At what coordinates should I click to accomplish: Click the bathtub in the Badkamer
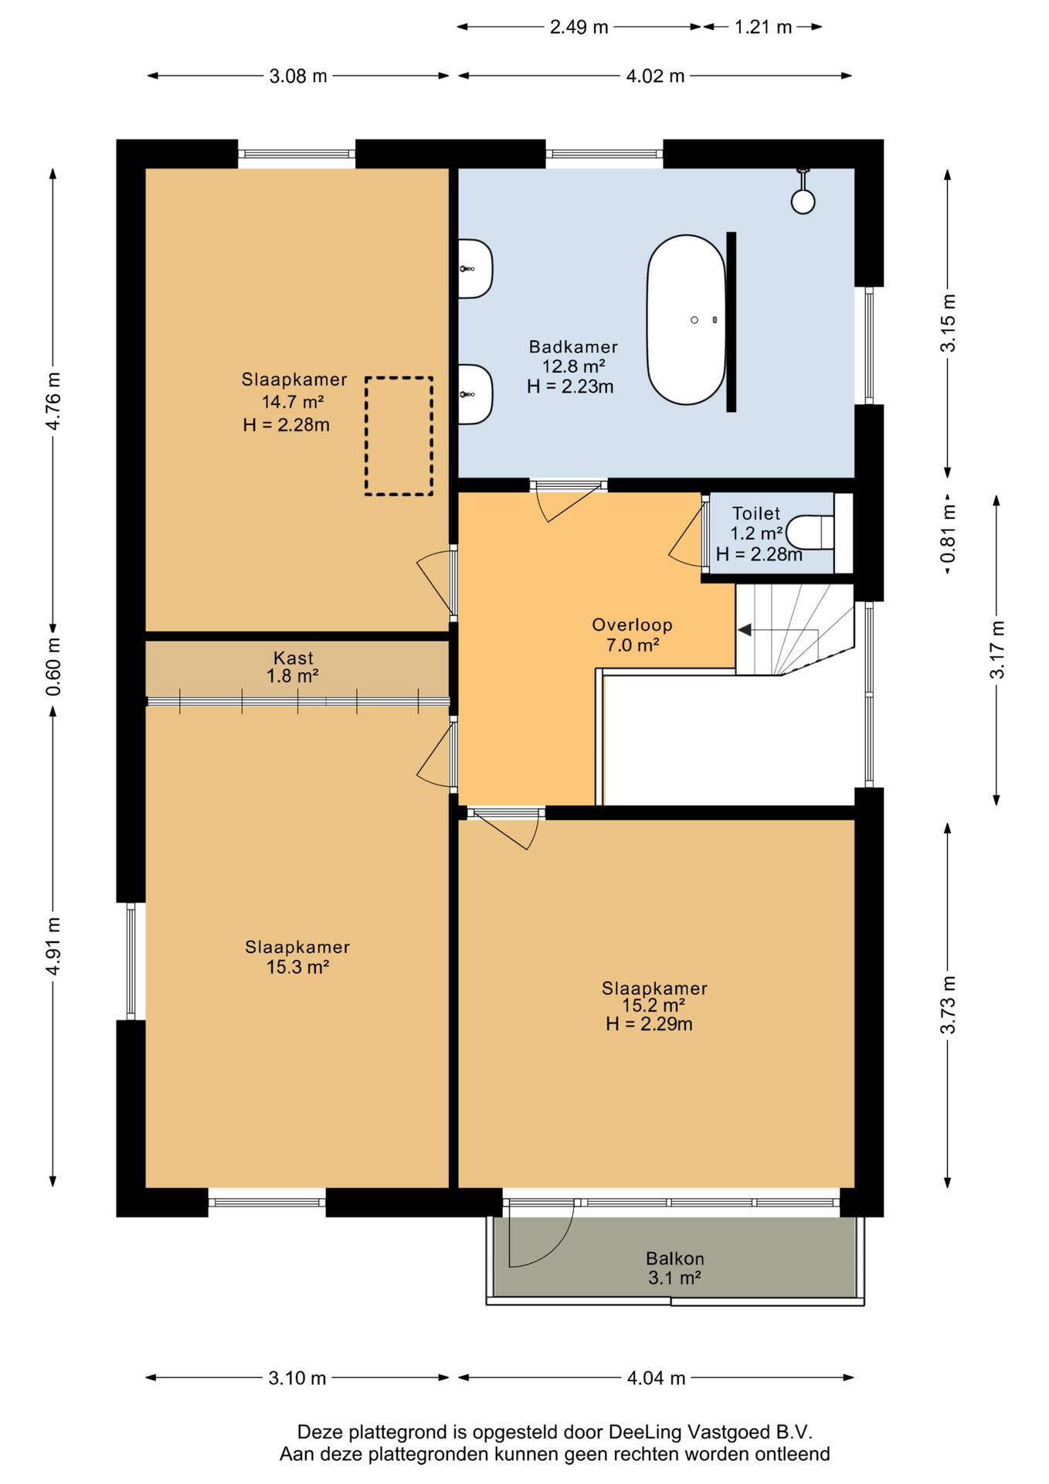(x=686, y=320)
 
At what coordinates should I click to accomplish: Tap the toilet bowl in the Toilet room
(x=810, y=533)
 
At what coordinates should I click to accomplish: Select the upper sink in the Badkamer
(x=475, y=269)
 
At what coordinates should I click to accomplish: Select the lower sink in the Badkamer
(x=475, y=394)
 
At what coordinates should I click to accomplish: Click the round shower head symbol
(x=803, y=202)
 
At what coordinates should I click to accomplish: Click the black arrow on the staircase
(x=744, y=631)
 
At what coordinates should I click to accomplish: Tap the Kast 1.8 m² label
(x=293, y=667)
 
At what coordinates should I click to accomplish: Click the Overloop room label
(x=632, y=635)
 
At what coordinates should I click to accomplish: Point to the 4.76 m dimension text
(x=53, y=401)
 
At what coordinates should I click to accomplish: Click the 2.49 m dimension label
(x=579, y=27)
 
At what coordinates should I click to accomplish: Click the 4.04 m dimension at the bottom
(x=656, y=1378)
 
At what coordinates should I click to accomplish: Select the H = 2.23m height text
(x=570, y=386)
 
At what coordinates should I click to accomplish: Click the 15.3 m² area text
(x=297, y=967)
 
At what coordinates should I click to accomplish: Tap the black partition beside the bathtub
(x=731, y=322)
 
